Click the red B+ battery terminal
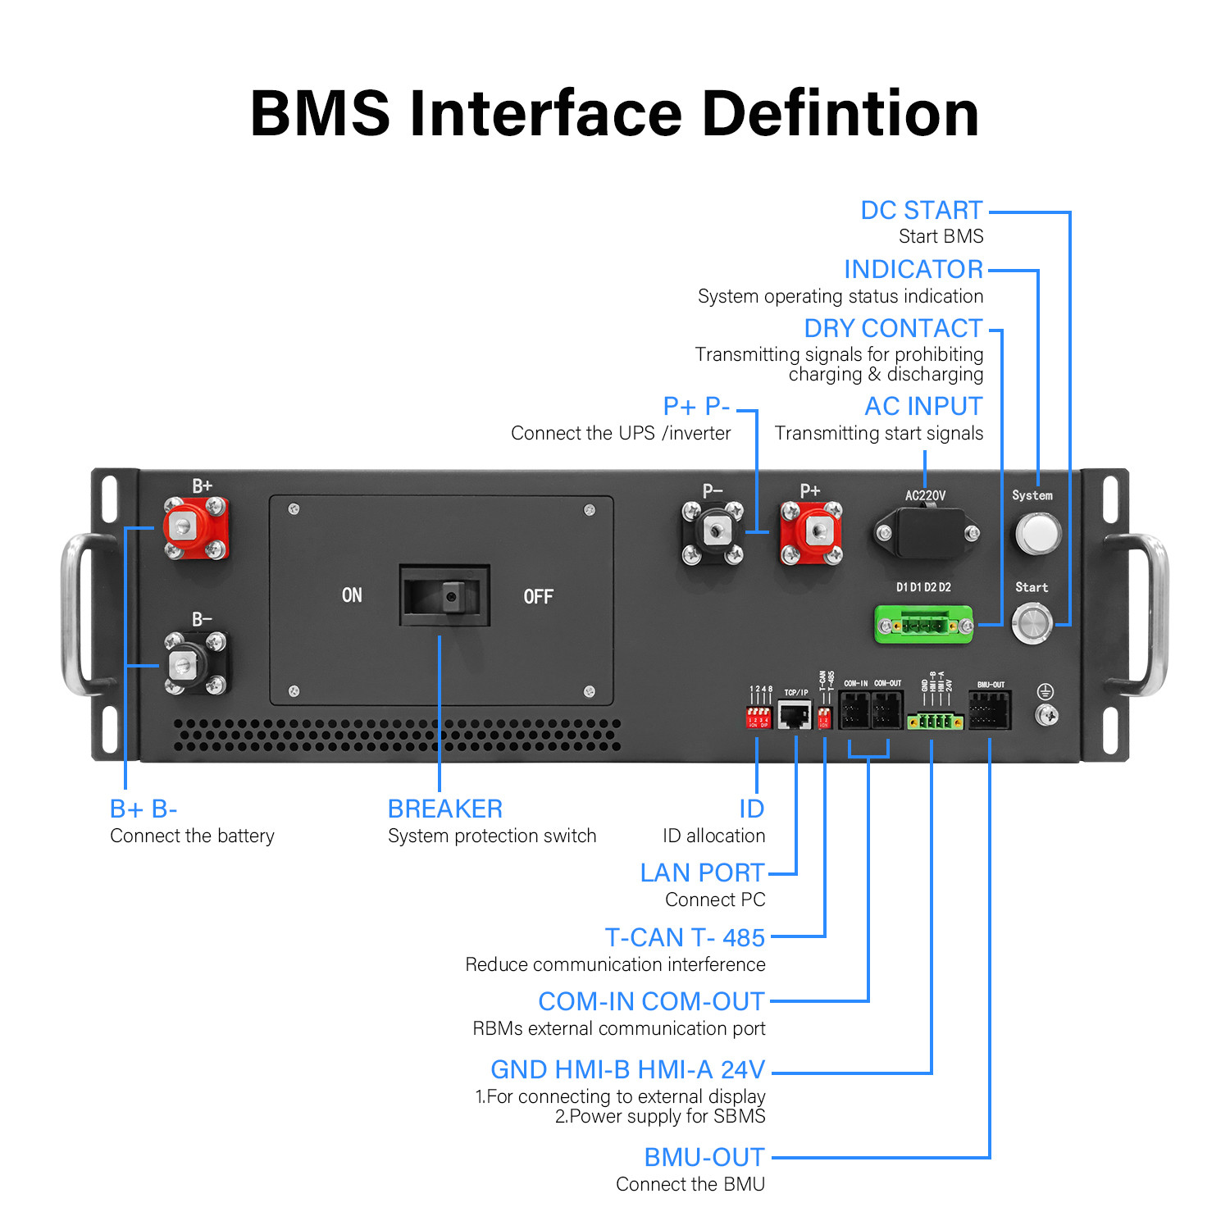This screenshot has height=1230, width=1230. (x=195, y=527)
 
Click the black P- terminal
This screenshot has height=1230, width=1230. (x=713, y=533)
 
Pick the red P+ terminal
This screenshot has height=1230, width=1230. (x=811, y=533)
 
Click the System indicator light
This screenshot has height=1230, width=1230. (x=1036, y=533)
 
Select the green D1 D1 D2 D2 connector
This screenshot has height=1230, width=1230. (x=924, y=626)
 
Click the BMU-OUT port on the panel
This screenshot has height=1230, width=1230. (x=990, y=710)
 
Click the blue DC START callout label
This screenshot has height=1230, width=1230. (x=921, y=211)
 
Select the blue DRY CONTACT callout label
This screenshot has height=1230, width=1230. (x=893, y=329)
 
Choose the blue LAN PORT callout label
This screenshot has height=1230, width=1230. (x=702, y=873)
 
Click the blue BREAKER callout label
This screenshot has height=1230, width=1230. (x=445, y=809)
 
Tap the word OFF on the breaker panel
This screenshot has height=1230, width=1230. (x=538, y=597)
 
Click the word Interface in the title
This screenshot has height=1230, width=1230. (x=545, y=114)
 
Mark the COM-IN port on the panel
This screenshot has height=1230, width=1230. (x=854, y=710)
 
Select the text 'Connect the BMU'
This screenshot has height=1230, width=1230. (x=690, y=1184)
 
